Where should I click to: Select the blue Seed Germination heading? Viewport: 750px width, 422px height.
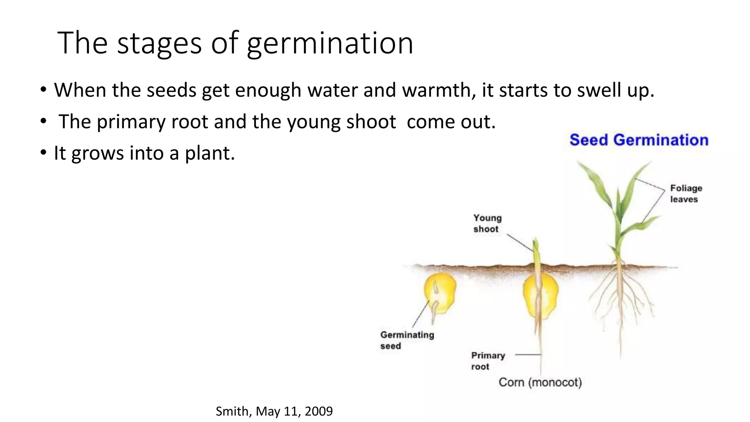pyautogui.click(x=639, y=140)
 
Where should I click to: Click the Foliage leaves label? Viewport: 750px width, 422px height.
pyautogui.click(x=686, y=194)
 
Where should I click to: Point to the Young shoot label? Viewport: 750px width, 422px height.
pyautogui.click(x=487, y=223)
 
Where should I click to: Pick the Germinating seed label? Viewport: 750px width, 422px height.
pyautogui.click(x=407, y=340)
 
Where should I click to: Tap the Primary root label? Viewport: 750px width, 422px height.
pyautogui.click(x=488, y=361)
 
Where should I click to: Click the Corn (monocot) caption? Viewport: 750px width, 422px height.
pyautogui.click(x=540, y=382)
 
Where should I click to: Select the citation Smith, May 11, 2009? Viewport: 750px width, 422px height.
pyautogui.click(x=274, y=411)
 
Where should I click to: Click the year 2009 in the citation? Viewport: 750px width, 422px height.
pyautogui.click(x=319, y=411)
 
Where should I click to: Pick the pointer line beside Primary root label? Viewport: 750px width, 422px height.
pyautogui.click(x=528, y=355)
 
